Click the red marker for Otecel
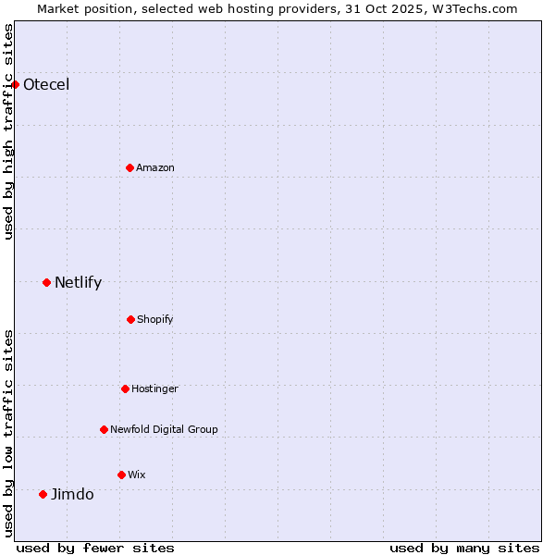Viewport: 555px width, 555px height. [x=15, y=84]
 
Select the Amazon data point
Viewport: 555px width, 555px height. [x=129, y=167]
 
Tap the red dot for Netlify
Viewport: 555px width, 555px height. [x=46, y=282]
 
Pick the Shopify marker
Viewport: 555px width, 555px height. [x=130, y=319]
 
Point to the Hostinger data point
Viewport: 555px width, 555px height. [x=125, y=388]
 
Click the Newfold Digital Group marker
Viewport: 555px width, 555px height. [x=104, y=429]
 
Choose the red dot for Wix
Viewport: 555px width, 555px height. [x=121, y=475]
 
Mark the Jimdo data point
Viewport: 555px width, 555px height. [x=43, y=494]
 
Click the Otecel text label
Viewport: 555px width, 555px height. [x=46, y=85]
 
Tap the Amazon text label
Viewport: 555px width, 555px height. [x=155, y=167]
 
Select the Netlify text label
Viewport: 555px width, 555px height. [x=78, y=283]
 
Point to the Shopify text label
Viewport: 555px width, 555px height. [x=155, y=319]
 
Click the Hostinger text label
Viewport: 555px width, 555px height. [x=154, y=388]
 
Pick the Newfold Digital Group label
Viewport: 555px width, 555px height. [x=164, y=429]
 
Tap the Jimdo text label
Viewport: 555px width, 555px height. [x=72, y=495]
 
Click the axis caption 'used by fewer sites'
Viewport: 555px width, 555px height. [x=95, y=548]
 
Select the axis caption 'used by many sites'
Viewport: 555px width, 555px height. [x=464, y=548]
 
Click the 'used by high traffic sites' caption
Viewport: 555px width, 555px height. [x=9, y=131]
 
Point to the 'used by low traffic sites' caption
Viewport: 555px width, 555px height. [x=9, y=433]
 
